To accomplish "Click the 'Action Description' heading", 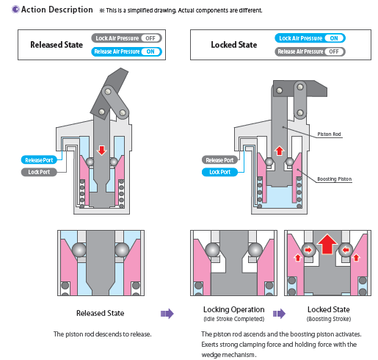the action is click(57, 10).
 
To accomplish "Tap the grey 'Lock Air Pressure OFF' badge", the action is click(126, 38).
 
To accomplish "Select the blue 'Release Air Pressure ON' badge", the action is click(126, 51).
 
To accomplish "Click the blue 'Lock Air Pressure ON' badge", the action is click(310, 38).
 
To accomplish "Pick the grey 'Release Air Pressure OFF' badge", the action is click(310, 51).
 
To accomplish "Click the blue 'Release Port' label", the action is click(39, 160).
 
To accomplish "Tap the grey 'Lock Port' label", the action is click(39, 172).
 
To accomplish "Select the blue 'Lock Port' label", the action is click(219, 172).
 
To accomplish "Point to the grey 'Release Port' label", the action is click(219, 160).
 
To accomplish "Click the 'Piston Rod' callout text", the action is click(329, 134).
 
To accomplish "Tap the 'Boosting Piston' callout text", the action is click(335, 179).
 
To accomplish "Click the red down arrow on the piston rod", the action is click(101, 151).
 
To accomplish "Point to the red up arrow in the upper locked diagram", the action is click(279, 151).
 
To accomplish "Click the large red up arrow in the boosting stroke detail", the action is click(327, 244).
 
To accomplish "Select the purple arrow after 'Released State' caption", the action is click(167, 314).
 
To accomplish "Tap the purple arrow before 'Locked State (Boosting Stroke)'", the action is click(279, 314).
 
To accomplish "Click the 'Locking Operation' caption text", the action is click(234, 310).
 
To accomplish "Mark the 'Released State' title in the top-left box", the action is click(57, 45).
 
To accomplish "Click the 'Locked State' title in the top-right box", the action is click(234, 45).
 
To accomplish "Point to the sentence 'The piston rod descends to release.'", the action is click(103, 334).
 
